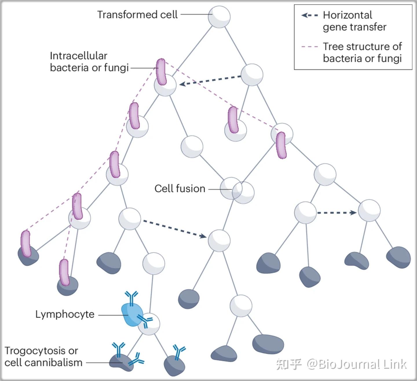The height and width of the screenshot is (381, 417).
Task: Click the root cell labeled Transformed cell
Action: tap(219, 17)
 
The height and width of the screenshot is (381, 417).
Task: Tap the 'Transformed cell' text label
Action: tap(137, 15)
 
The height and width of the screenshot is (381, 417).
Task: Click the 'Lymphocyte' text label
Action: tap(65, 314)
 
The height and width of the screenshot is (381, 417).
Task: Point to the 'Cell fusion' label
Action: tap(180, 188)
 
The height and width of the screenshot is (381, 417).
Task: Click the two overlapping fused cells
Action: tap(237, 190)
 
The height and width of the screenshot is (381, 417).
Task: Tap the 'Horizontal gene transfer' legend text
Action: tap(354, 21)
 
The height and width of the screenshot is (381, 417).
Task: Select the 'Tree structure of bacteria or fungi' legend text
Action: tap(362, 52)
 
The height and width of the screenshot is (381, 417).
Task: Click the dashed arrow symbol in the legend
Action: tap(310, 15)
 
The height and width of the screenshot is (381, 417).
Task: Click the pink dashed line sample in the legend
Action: tap(310, 47)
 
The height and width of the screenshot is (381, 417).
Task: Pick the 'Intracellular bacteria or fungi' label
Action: tap(89, 62)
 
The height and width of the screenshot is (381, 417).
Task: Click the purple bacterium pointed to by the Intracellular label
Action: tap(161, 72)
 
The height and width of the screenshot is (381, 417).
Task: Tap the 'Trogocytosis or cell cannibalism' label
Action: tap(43, 356)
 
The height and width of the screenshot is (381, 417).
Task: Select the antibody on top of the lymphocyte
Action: tap(131, 298)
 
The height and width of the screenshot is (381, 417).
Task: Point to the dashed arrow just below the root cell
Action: tap(210, 80)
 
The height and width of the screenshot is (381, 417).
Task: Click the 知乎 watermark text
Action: tap(289, 364)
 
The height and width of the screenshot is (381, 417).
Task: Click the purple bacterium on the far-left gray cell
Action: tap(25, 243)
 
